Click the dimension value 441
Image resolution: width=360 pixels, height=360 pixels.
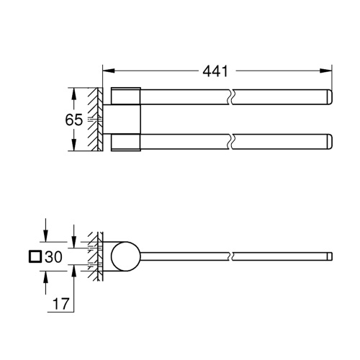(x=215, y=71)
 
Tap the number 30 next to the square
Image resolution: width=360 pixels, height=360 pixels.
(x=54, y=256)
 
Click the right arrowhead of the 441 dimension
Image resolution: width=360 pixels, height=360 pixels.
(x=328, y=71)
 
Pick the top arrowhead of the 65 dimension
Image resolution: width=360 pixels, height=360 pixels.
(x=72, y=91)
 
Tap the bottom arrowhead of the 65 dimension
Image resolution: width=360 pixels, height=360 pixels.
(x=72, y=148)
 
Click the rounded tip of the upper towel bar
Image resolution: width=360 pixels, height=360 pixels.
(x=328, y=96)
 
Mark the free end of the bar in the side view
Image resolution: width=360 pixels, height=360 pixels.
(x=329, y=256)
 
